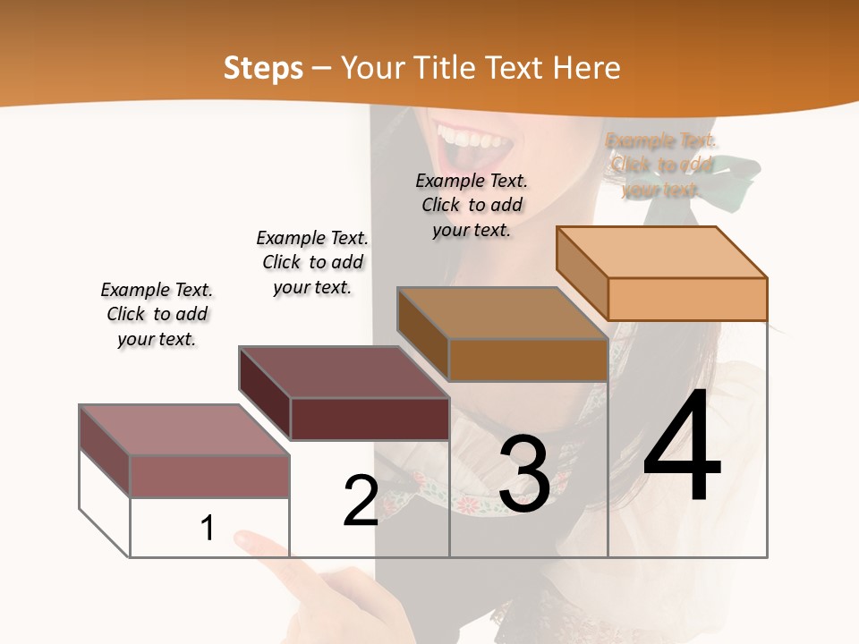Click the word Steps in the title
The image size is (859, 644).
(263, 68)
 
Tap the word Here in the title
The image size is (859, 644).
(587, 68)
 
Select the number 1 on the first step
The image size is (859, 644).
(208, 529)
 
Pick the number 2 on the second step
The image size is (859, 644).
(361, 501)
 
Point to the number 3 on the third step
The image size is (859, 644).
(523, 475)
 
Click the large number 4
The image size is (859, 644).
(682, 447)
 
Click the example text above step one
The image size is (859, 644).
(157, 315)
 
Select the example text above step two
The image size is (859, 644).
(312, 262)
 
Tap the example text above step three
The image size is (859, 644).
(472, 205)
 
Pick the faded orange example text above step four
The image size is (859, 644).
(661, 165)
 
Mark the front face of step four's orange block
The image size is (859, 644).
(687, 299)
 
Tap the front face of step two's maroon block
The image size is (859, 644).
(370, 419)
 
